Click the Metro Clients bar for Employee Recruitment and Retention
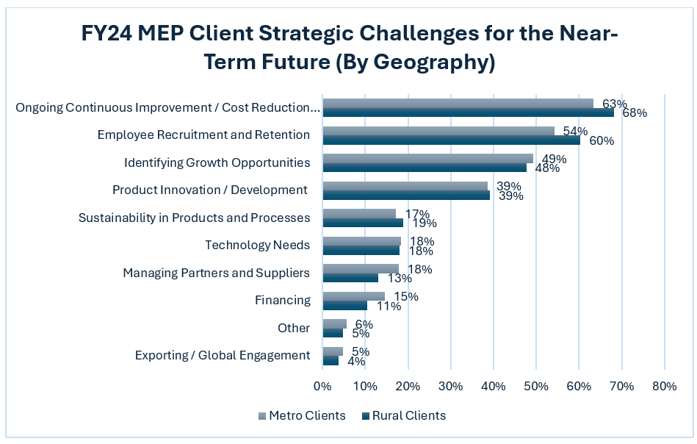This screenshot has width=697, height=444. [438, 131]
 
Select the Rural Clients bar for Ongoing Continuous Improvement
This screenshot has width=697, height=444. [468, 112]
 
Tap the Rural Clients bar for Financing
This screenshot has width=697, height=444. [344, 305]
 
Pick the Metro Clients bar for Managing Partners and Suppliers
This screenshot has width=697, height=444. [361, 269]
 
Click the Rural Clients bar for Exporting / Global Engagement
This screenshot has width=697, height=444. [331, 360]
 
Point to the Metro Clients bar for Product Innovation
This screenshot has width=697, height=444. [405, 186]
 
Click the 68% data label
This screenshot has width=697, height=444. [635, 113]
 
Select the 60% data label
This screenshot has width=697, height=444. [602, 140]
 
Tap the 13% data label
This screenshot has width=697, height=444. [400, 279]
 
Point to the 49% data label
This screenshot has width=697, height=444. [555, 159]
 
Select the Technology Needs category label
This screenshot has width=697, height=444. [257, 245]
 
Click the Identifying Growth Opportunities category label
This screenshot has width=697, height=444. [217, 162]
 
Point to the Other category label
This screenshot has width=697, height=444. [294, 328]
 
